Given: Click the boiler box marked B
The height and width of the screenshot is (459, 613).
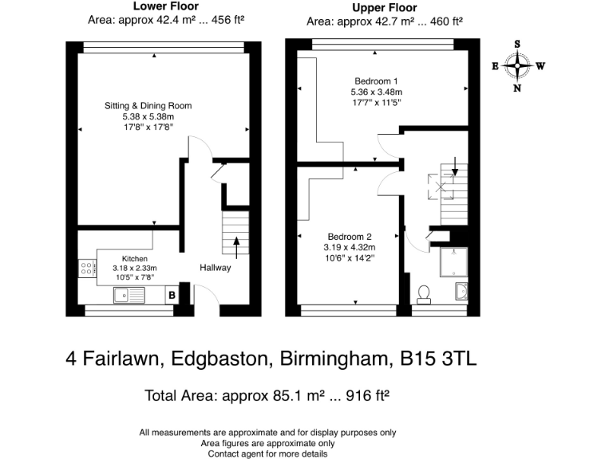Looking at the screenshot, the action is pos(172,295).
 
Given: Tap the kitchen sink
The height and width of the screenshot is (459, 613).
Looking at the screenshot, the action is pos(129,295).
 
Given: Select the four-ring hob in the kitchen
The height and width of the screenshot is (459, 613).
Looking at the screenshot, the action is pos(87,268).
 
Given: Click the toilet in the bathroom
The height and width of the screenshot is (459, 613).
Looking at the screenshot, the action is pos(424,295).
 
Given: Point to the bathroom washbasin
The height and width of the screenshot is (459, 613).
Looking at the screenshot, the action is pos(461,292).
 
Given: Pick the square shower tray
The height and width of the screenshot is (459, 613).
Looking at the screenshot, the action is pos(454,262).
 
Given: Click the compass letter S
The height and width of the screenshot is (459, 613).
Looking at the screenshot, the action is pos(517,44).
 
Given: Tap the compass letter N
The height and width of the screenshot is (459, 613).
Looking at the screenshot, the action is pos(517,88).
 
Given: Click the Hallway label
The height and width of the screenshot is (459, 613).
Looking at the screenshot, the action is pos(215,268).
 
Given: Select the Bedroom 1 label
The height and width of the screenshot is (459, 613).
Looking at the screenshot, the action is pos(376,81).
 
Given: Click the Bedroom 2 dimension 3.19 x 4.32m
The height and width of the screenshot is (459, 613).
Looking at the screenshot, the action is pos(350,248).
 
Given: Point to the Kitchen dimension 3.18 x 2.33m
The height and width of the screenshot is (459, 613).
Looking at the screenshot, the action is pos(135,268).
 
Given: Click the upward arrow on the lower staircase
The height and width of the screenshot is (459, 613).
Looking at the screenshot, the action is pos(236,248).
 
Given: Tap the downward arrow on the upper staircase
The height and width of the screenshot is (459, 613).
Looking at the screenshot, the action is pos(455,167).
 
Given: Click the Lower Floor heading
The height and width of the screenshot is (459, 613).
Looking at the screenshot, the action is pos(166,6).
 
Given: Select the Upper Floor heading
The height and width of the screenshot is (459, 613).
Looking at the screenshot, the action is pos(385,8).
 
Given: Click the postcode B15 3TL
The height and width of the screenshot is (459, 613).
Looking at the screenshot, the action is pos(438,359).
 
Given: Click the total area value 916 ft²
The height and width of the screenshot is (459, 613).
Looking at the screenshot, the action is pos(368,395).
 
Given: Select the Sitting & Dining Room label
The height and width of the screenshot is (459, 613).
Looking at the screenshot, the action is pos(148,106).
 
